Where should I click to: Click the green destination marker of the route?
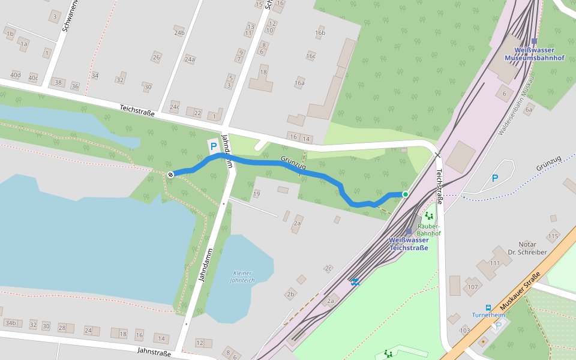(x=406, y=194)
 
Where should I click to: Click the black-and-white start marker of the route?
(x=170, y=174)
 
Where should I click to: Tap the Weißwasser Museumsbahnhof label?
(x=534, y=54)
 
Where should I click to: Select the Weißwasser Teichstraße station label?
(x=409, y=244)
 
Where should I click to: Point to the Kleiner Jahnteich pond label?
(x=242, y=277)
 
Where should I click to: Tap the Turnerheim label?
(x=488, y=315)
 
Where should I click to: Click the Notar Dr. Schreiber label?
(x=527, y=248)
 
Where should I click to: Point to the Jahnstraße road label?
(x=154, y=352)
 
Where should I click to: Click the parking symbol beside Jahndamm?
(x=212, y=146)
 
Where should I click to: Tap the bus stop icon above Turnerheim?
(x=488, y=307)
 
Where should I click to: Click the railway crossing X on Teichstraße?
(x=437, y=155)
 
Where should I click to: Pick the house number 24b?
(x=179, y=32)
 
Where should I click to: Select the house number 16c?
(x=310, y=56)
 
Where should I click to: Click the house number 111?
(x=494, y=263)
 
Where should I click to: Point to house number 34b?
(x=10, y=323)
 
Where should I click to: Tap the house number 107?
(x=473, y=287)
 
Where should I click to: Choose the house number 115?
(x=553, y=236)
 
